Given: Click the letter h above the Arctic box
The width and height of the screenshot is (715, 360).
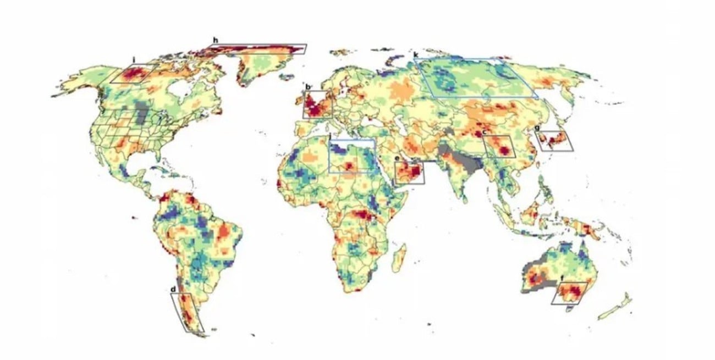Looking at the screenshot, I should click(x=216, y=40).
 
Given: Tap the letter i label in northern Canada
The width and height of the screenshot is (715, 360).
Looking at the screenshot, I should click(x=134, y=59).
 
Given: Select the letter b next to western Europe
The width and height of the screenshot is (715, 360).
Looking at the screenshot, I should click(x=307, y=87).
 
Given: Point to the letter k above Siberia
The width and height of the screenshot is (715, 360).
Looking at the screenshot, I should click(x=415, y=55).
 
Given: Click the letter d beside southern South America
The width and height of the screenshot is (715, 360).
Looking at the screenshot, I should click(x=173, y=289).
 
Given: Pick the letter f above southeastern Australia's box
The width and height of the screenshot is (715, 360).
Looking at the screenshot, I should click(x=562, y=279).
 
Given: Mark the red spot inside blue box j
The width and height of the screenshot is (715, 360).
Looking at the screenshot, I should click(x=350, y=165).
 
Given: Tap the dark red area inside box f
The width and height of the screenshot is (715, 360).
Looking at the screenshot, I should click(x=574, y=289).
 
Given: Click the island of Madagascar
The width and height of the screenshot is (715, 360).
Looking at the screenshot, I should click(x=401, y=258).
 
